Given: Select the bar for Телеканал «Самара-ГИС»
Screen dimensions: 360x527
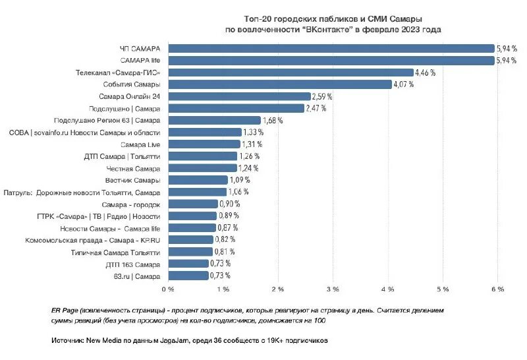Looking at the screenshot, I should (x=291, y=72).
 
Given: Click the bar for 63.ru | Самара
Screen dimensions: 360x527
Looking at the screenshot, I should (x=188, y=276).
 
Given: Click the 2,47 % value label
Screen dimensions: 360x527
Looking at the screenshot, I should (x=317, y=108).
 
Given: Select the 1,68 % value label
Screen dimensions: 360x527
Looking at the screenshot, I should (x=273, y=120).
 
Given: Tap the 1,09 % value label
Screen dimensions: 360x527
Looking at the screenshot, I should (x=240, y=180).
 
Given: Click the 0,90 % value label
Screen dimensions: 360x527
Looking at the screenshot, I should (x=229, y=204).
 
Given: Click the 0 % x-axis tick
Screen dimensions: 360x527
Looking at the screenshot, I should (x=168, y=289).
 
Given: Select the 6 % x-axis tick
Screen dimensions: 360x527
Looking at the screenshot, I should (x=498, y=289).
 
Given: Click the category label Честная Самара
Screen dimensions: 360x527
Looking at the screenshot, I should (x=134, y=168).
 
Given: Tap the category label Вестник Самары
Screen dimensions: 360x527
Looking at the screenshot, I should (x=132, y=180).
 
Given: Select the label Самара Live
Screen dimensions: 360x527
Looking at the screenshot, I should (x=141, y=144).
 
